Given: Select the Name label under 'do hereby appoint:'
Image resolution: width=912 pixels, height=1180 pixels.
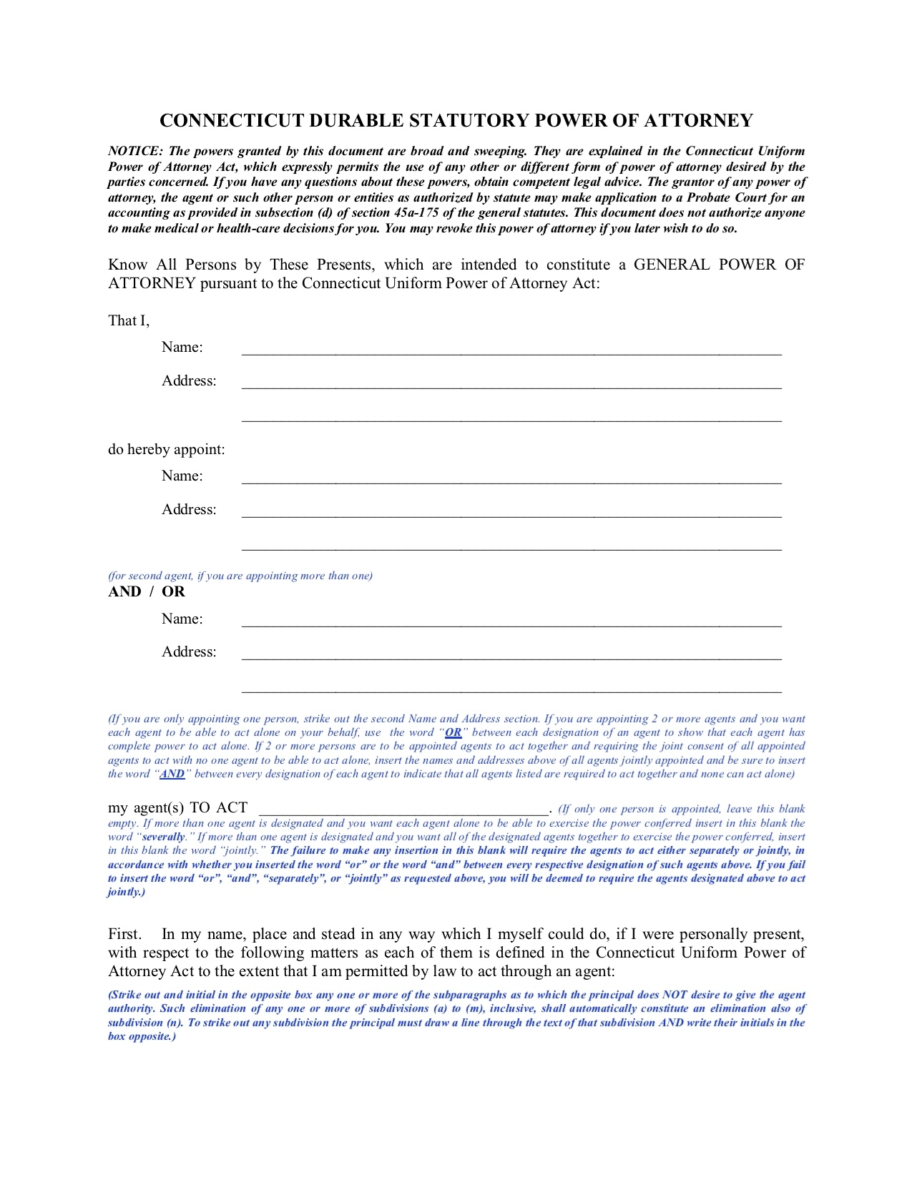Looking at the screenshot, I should pos(182,476).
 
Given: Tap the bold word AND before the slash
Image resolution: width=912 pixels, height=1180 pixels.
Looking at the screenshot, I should pos(124,592).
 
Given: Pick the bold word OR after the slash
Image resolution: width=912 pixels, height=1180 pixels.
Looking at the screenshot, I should pos(173,592).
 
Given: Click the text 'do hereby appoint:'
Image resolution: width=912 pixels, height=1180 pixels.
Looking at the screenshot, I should pos(167,450).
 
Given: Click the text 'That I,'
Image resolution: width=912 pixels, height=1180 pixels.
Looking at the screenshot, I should pos(129,321).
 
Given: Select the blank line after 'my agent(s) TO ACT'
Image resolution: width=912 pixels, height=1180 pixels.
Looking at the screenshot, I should pos(403,809).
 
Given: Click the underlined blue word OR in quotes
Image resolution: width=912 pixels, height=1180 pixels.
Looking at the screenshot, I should pos(453,733).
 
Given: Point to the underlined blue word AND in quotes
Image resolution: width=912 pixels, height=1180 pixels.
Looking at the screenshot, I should pos(172,775).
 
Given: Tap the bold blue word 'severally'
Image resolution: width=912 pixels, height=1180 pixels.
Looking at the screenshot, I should pos(164,837).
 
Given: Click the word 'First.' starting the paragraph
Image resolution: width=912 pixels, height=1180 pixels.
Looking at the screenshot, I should pos(124,935).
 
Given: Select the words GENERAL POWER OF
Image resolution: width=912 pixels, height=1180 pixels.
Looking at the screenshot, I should pos(719,265).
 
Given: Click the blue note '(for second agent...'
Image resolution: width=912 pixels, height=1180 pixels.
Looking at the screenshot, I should pos(240,576).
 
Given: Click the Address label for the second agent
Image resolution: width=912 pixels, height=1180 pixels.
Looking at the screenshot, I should pos(189,652).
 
